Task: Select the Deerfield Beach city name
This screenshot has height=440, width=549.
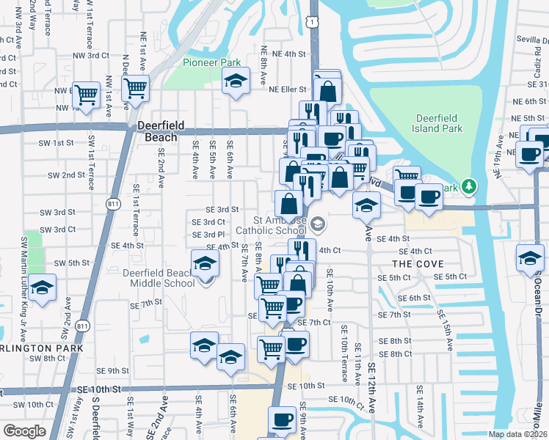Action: tap(157, 131)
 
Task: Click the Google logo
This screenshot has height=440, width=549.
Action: tap(24, 431)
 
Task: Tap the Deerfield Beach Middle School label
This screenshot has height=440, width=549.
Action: tap(159, 278)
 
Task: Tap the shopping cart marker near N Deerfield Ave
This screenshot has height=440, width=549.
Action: tap(135, 89)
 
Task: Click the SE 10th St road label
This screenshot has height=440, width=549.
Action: tap(306, 386)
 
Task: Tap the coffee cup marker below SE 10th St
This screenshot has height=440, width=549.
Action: tap(282, 420)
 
